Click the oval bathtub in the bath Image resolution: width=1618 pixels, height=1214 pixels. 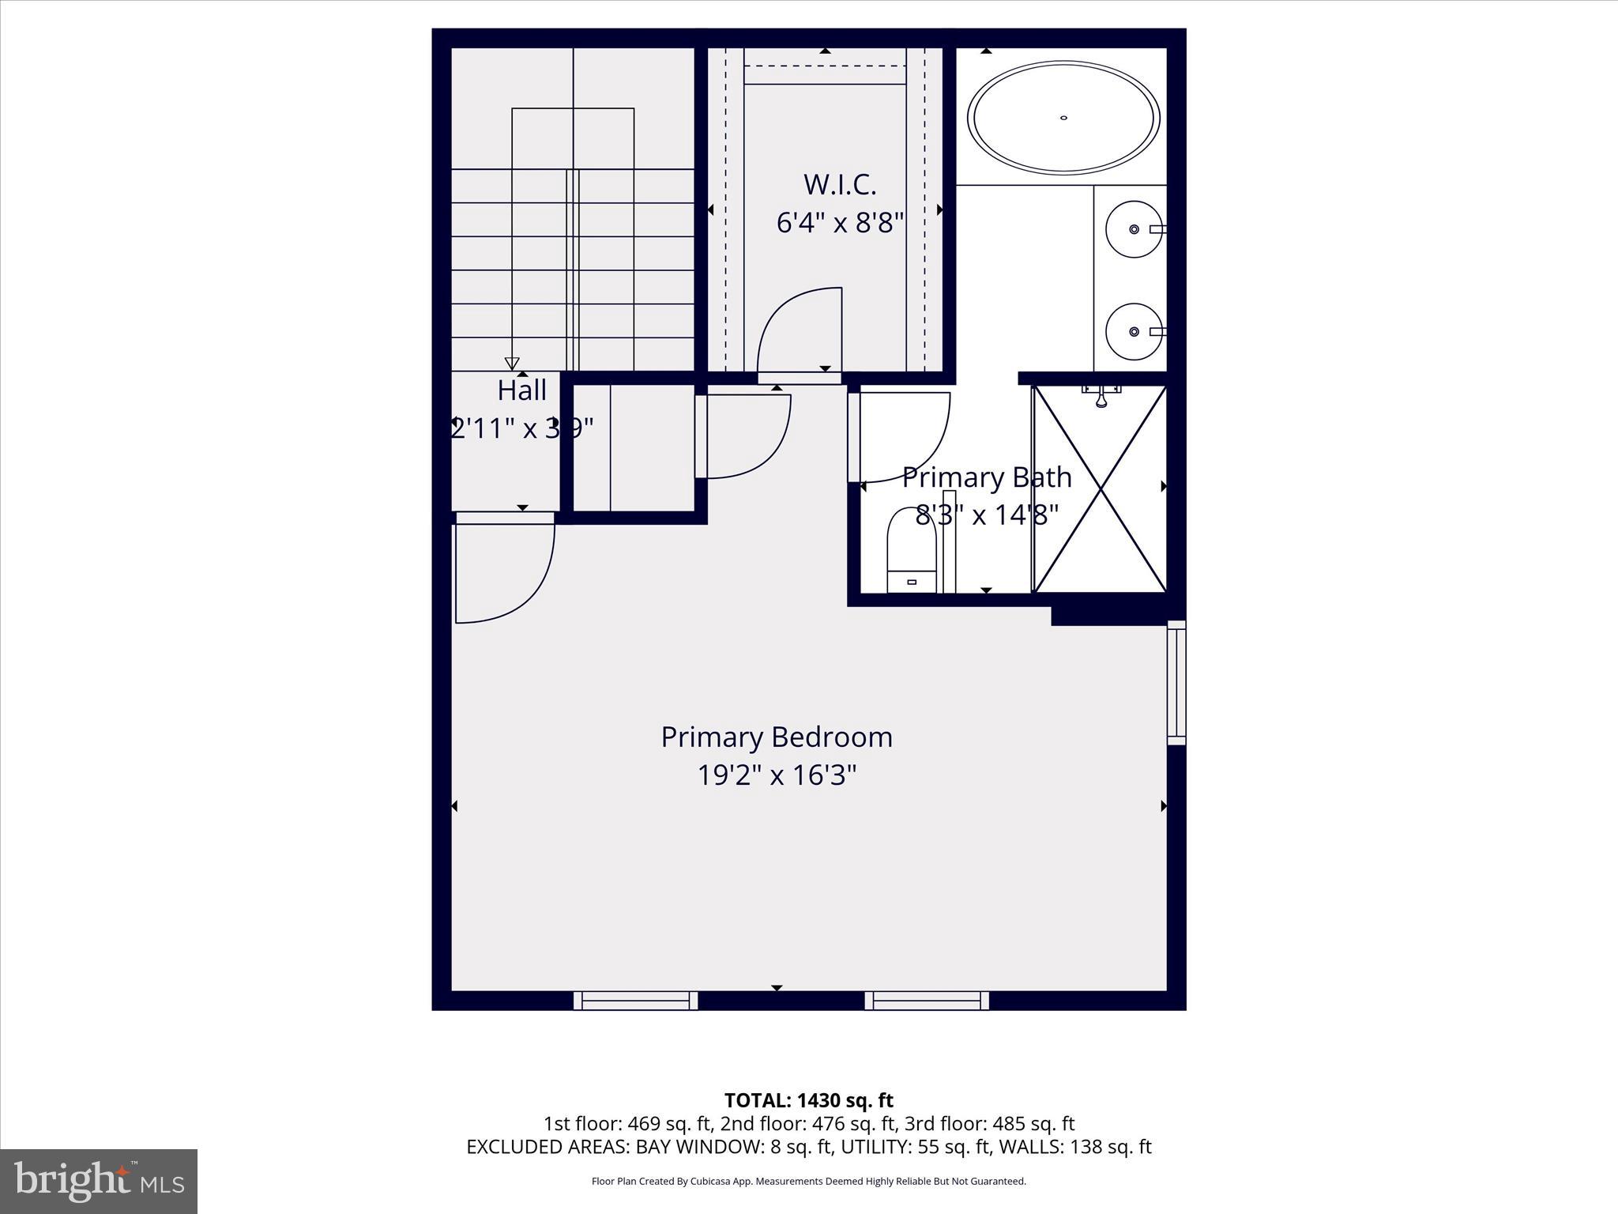point(1063,118)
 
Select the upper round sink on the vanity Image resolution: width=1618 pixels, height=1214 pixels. point(1134,229)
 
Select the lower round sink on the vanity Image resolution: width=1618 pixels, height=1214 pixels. point(1134,332)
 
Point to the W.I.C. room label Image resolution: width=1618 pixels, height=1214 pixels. point(840,184)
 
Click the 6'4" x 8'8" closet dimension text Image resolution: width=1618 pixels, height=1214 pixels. point(840,223)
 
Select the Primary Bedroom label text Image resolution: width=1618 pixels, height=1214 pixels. point(777,737)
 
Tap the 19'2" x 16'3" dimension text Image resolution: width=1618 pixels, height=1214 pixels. point(777,775)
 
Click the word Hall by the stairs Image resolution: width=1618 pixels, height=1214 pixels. point(522,390)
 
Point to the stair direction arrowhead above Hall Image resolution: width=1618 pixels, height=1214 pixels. point(512,364)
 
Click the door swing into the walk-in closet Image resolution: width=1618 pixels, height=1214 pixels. point(798,332)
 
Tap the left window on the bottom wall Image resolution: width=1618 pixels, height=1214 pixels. point(635,1001)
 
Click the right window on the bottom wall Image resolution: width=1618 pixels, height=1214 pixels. point(927,1001)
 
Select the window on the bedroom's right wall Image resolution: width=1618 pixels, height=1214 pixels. point(1176,683)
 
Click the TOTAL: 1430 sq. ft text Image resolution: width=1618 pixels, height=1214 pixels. point(808,1100)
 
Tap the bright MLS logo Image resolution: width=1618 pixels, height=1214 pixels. point(99,1181)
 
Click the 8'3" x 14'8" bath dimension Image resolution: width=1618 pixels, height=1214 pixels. point(987,515)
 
